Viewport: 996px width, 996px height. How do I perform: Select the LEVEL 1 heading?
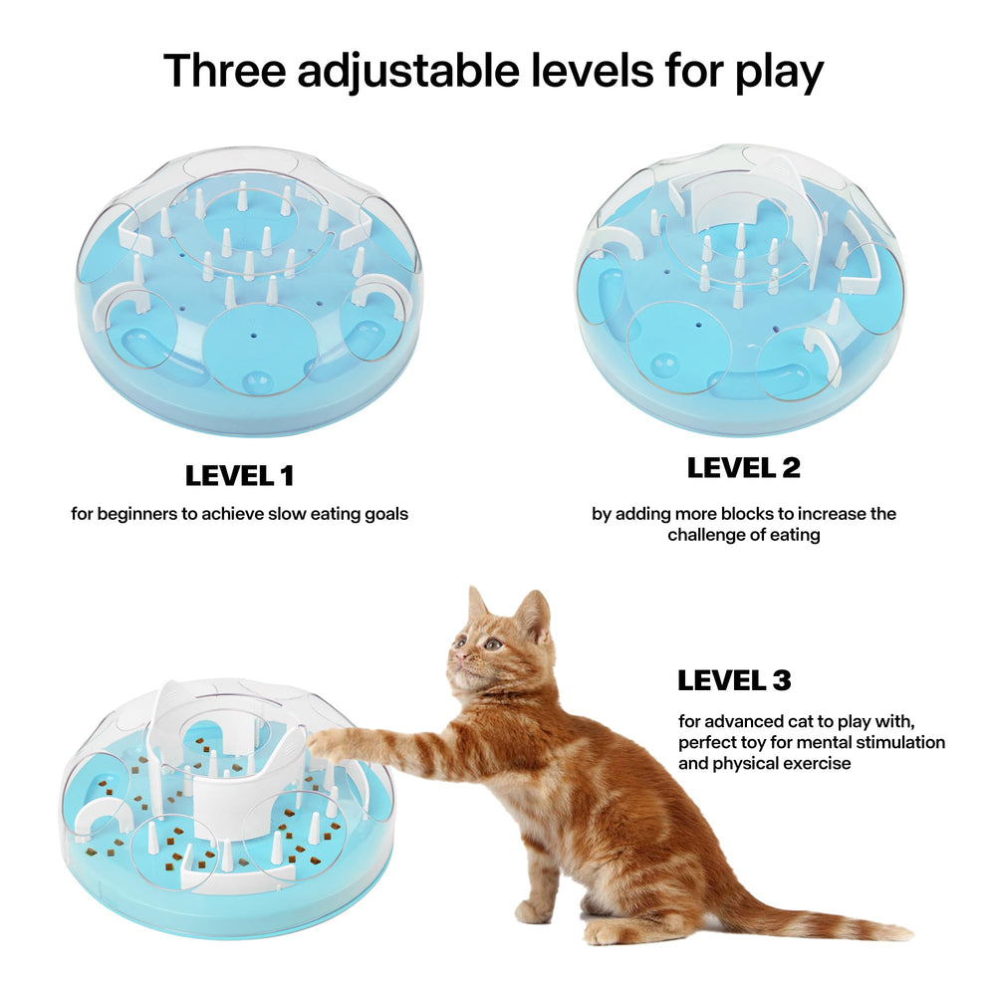tap(239, 476)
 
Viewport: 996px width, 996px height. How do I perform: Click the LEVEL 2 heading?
tap(743, 467)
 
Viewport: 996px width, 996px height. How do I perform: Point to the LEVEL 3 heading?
tap(734, 681)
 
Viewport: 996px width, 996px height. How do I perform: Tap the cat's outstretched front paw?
tap(321, 740)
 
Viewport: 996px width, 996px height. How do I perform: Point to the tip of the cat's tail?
tap(901, 933)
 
